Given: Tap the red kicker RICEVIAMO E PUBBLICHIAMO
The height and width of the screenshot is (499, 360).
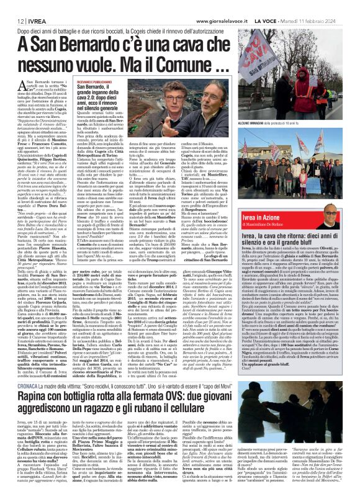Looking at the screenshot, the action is tap(113, 82).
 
